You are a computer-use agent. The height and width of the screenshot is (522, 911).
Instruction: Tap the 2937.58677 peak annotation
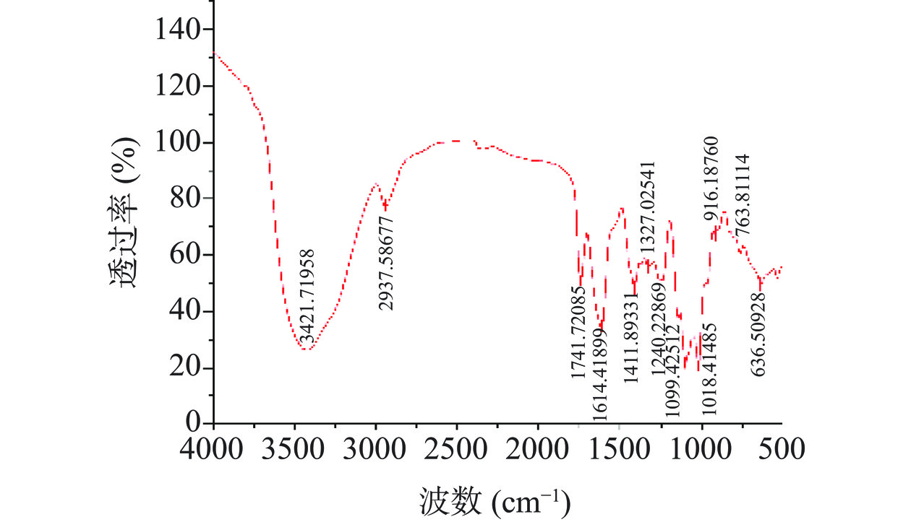[387, 264]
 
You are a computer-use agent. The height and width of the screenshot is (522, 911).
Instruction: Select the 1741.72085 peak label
[578, 331]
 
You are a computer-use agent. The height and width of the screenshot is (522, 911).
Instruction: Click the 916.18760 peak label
[711, 178]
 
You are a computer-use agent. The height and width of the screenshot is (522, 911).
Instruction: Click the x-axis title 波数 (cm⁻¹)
[494, 500]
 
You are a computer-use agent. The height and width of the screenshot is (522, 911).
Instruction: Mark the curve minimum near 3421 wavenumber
[307, 349]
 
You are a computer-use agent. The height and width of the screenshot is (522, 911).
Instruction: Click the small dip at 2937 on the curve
[385, 208]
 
